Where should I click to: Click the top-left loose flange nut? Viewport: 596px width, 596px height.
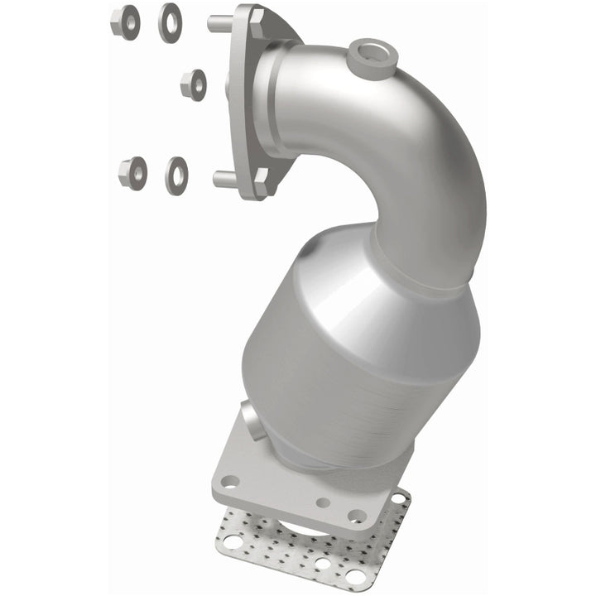click(x=124, y=22)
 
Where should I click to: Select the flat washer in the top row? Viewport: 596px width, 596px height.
click(x=170, y=22)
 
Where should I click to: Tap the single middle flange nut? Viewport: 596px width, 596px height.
click(x=193, y=84)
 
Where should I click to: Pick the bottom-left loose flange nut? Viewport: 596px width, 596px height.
click(x=132, y=172)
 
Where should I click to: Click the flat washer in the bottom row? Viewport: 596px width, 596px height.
click(x=176, y=174)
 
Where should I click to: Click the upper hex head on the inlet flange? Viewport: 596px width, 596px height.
click(x=256, y=22)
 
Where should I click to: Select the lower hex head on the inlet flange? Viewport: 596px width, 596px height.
click(x=261, y=181)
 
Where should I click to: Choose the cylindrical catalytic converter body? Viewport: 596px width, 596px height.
click(x=331, y=372)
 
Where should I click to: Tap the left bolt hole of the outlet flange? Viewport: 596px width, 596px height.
click(x=231, y=481)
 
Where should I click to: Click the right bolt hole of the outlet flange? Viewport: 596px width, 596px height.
click(x=357, y=516)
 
